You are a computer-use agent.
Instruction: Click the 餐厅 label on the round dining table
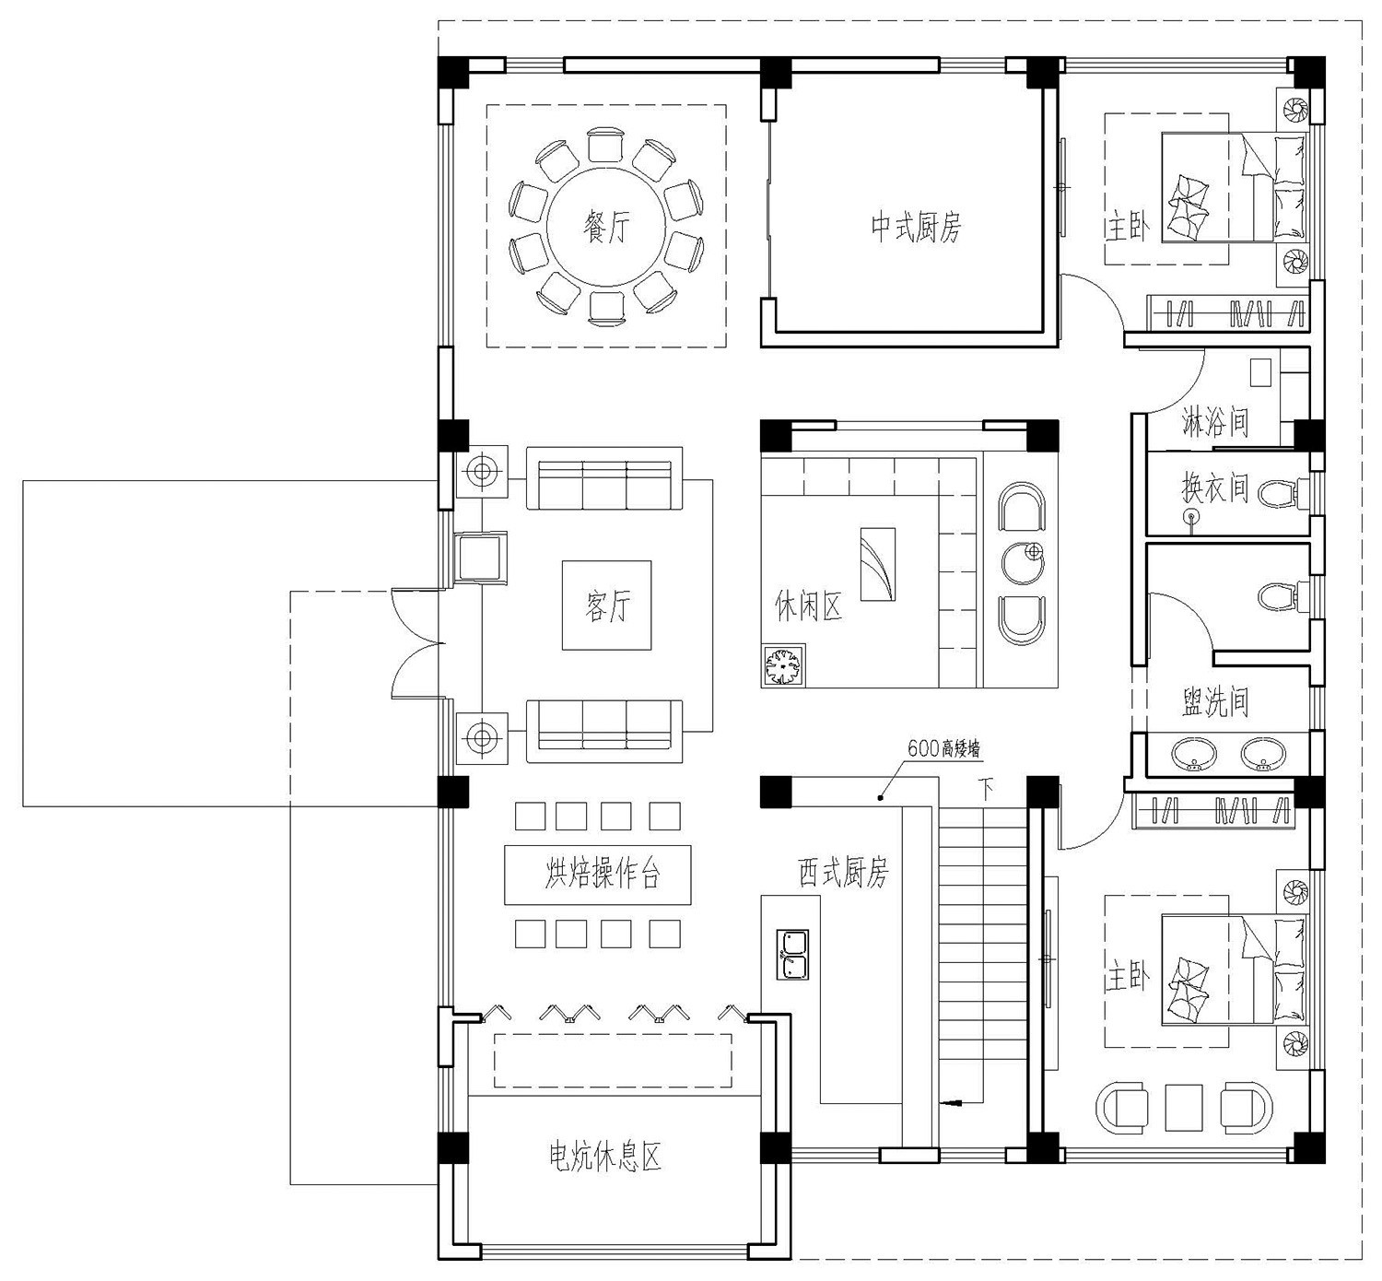(x=606, y=227)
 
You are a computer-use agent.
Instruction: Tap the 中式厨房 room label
(x=916, y=227)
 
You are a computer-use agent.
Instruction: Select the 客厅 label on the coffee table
(x=607, y=605)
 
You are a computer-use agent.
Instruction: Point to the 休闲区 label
(x=808, y=605)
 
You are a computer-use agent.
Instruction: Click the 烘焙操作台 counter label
(x=602, y=874)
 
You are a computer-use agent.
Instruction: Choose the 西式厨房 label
(x=843, y=872)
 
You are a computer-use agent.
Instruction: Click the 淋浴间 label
(x=1215, y=422)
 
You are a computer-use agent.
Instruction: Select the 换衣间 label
(x=1215, y=488)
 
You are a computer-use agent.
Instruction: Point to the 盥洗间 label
(x=1215, y=701)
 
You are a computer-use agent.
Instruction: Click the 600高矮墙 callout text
(x=944, y=749)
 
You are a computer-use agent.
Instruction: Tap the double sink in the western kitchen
(x=792, y=955)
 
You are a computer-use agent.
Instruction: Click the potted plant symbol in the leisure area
(x=784, y=665)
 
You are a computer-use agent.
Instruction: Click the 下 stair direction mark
(x=985, y=790)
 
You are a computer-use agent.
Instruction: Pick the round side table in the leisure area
(x=1023, y=563)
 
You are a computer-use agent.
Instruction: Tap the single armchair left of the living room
(x=480, y=557)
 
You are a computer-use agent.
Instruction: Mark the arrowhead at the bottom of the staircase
(x=948, y=1103)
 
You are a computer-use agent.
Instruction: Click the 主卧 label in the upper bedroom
(x=1128, y=228)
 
